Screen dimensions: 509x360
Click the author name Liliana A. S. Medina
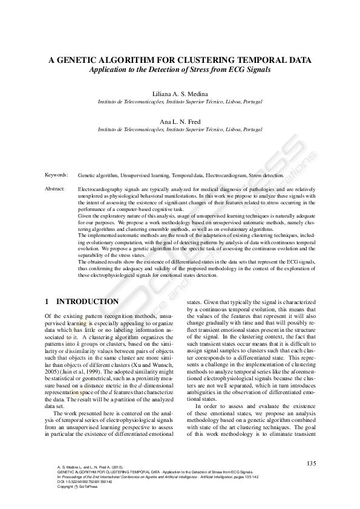(x=180, y=94)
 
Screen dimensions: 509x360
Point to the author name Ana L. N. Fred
(x=180, y=122)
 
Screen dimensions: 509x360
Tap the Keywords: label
(x=56, y=175)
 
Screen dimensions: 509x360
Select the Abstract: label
(x=55, y=189)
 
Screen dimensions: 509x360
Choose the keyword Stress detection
(x=268, y=175)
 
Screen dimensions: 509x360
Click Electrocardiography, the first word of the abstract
(x=100, y=189)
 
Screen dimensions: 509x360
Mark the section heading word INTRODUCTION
(x=87, y=301)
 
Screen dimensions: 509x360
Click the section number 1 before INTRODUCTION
(x=47, y=301)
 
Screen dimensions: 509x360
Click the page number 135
(x=311, y=463)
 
